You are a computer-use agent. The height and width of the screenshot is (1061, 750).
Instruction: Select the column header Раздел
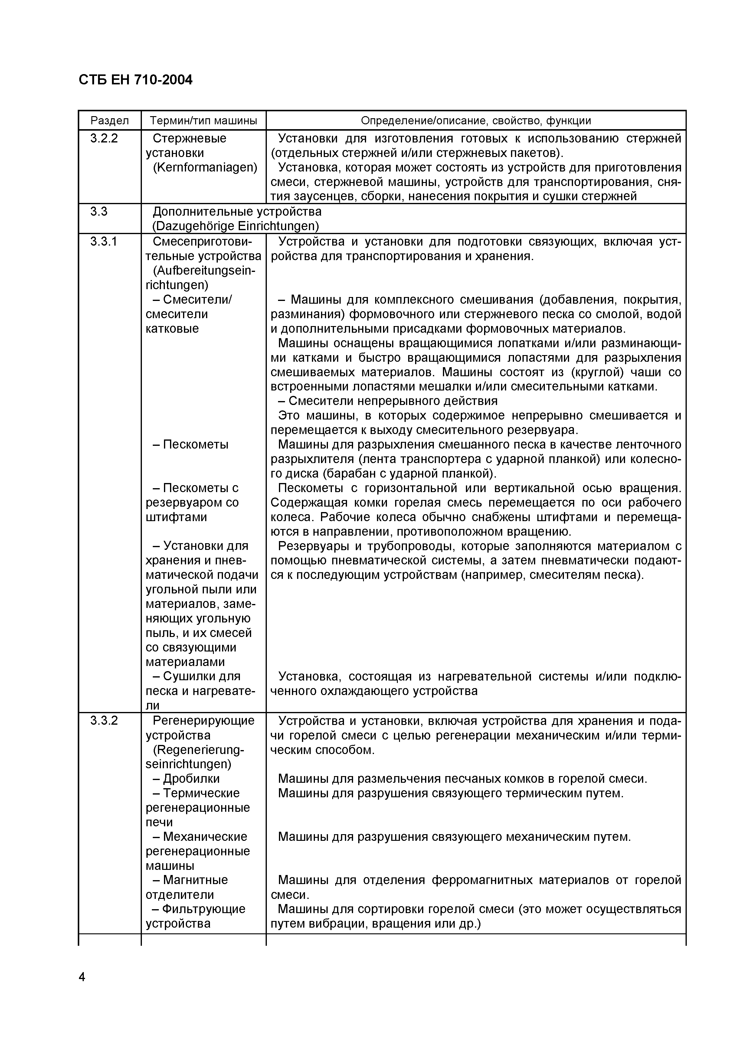tap(110, 121)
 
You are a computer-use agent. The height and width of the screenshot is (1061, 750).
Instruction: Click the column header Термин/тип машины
tap(203, 121)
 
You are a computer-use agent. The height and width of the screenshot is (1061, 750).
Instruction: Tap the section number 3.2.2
tap(104, 138)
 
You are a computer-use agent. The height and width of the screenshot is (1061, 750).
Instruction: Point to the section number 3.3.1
tap(104, 241)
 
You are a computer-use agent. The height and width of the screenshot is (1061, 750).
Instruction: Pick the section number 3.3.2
tap(104, 720)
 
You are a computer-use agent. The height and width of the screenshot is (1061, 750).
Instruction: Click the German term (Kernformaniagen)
tap(205, 167)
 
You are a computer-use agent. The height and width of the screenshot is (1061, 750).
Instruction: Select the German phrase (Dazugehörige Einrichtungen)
tap(236, 226)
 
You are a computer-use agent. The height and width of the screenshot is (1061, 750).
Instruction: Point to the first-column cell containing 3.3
tap(99, 212)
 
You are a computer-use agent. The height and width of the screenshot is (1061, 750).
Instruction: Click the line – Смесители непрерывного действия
tap(388, 401)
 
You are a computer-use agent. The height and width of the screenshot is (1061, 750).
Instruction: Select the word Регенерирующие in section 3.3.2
tap(203, 720)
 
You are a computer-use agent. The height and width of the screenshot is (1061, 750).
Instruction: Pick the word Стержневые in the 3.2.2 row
tap(189, 138)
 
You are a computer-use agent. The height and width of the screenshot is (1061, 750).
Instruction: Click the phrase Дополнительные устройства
tap(237, 212)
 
